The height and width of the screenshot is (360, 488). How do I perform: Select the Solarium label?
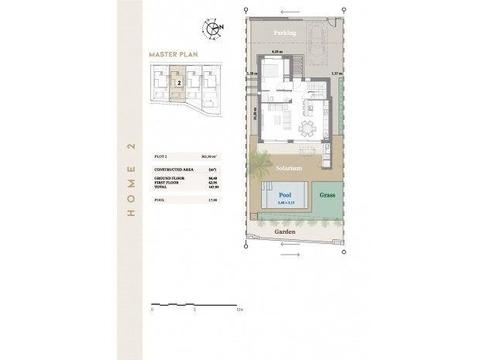point(287,167)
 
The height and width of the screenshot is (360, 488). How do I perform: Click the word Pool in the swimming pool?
point(286,196)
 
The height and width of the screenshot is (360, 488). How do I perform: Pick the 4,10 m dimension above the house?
point(277,52)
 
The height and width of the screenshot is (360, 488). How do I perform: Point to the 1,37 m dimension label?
point(335,74)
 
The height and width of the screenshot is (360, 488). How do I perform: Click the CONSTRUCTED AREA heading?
point(174,168)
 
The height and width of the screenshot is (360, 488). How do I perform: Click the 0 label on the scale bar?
point(153,309)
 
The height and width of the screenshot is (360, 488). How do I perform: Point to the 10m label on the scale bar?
point(240,309)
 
